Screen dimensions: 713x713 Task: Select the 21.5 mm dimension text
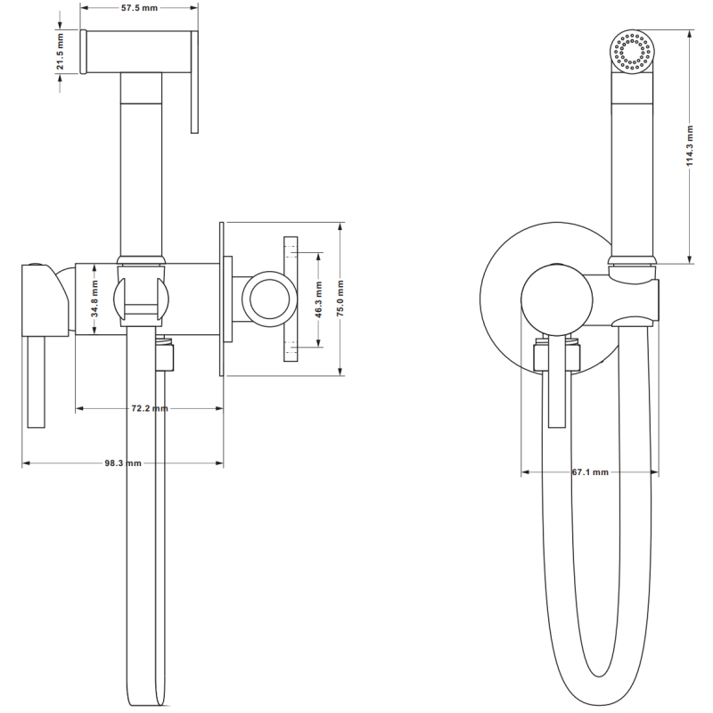pos(60,53)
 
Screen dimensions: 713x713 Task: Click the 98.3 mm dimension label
pos(123,463)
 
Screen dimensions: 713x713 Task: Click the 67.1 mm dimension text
pos(590,472)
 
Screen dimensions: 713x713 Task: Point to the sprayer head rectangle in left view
pos(138,53)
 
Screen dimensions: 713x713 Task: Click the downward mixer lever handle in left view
pos(35,383)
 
